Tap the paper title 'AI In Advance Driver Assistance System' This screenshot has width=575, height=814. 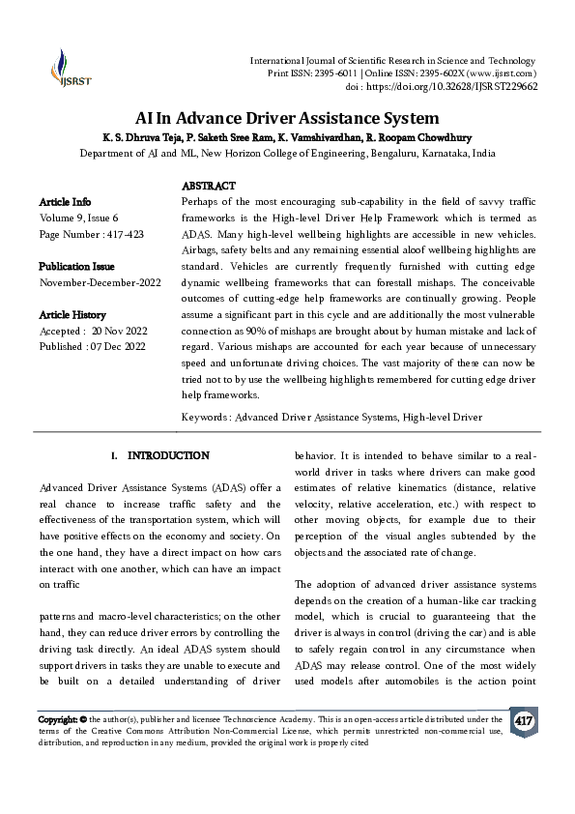point(287,119)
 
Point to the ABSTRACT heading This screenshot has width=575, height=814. point(208,186)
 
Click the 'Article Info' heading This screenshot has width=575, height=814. point(66,202)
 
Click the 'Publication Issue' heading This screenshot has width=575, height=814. point(76,267)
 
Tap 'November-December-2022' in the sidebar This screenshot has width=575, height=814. point(100,283)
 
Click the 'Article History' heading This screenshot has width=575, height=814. point(72,315)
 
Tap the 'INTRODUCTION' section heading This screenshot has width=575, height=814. point(168,455)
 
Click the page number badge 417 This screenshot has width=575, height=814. point(523,722)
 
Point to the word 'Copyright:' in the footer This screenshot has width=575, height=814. point(57,720)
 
